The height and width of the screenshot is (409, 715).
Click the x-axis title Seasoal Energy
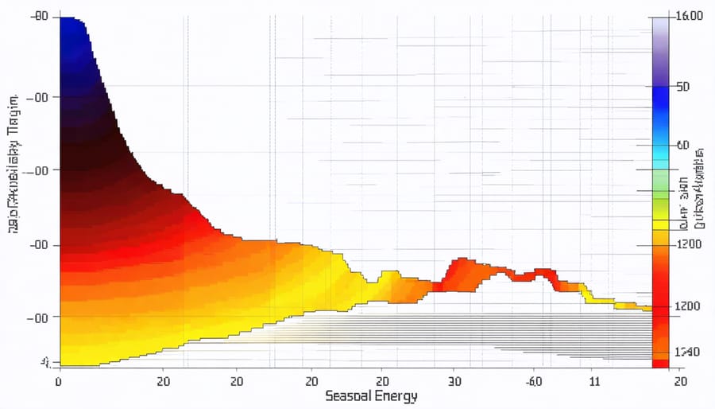coord(371,395)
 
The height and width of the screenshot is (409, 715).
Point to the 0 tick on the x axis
coord(58,381)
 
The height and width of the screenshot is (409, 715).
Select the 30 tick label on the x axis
coord(455,381)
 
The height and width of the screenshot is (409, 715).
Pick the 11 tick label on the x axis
coord(595,381)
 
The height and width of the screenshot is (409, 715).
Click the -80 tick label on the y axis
coord(37,17)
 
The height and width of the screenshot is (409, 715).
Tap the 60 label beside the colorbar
coord(682,146)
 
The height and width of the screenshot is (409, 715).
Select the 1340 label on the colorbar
coord(687,351)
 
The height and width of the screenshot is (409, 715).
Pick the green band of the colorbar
coord(660,187)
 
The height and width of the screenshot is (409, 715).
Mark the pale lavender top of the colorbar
coord(660,32)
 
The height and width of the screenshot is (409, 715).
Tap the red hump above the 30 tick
coord(461,271)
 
